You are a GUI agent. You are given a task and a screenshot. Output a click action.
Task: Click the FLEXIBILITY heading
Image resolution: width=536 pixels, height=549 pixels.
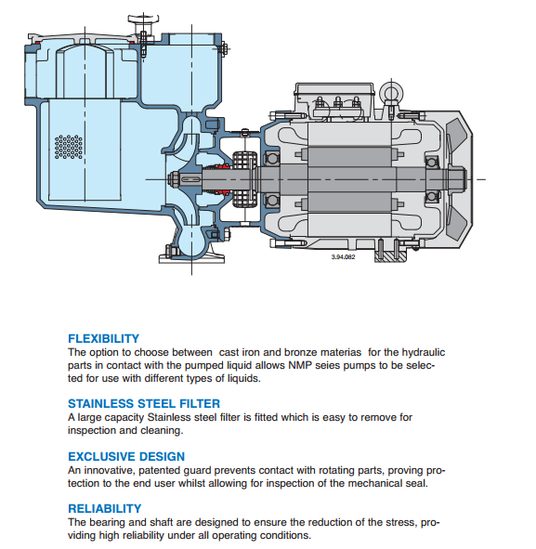(x=104, y=338)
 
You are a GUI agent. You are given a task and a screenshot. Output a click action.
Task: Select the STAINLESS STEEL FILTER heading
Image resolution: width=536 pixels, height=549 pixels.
(x=144, y=404)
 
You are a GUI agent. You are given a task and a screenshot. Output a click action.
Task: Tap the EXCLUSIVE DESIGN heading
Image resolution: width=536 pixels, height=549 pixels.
(x=126, y=456)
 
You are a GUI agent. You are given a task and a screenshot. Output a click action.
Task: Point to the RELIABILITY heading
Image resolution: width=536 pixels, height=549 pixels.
(x=105, y=508)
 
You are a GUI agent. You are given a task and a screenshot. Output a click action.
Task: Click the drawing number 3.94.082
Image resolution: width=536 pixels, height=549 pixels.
(x=343, y=257)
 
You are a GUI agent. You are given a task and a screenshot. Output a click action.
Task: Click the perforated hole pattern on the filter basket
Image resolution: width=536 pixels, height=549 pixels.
(x=69, y=147)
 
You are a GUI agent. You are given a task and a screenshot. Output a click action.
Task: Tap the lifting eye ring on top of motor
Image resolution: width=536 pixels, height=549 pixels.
(x=391, y=93)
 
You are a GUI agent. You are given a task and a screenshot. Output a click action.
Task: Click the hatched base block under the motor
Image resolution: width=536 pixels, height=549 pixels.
(x=390, y=256)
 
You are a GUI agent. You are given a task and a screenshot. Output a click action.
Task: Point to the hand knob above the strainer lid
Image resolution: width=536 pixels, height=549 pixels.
(x=143, y=19)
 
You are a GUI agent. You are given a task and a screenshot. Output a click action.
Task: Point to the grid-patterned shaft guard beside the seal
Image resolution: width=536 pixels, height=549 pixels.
(x=245, y=179)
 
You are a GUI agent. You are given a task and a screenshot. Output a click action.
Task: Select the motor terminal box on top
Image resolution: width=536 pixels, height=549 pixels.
(x=334, y=101)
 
